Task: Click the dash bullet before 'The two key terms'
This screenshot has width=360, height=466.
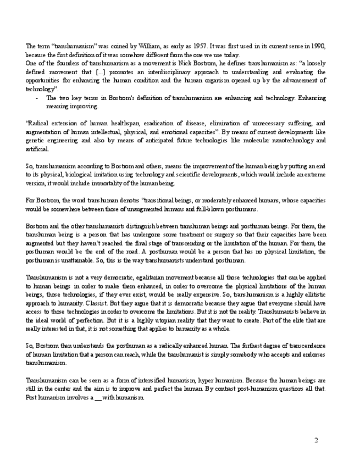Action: [x=36, y=98]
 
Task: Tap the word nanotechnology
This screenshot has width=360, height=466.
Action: [x=290, y=141]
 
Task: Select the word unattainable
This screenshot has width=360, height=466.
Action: [x=71, y=260]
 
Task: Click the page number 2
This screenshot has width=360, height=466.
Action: [x=316, y=440]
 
